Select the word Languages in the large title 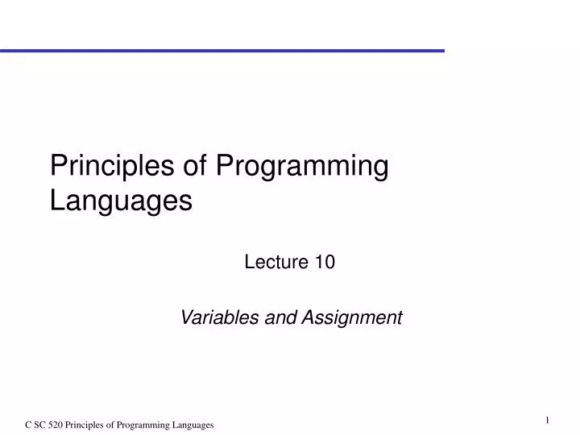point(121,200)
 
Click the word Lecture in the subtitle point(271,262)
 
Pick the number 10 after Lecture point(325,262)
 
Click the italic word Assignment point(351,317)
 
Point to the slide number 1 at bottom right point(547,419)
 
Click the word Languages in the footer point(191,425)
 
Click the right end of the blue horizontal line point(442,50)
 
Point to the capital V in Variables point(185,317)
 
